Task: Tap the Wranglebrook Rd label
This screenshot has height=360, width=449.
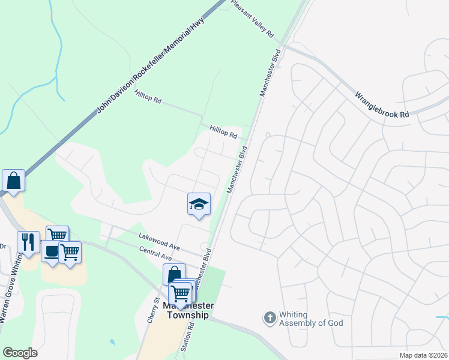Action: pos(382,104)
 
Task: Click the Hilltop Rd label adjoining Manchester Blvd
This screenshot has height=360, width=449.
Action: pos(223,132)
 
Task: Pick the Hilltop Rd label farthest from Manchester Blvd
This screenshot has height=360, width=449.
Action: pos(148,96)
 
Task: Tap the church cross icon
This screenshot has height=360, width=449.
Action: pos(270,316)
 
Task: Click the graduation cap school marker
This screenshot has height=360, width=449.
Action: pos(199,203)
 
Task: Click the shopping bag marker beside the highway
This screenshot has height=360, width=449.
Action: pos(13,179)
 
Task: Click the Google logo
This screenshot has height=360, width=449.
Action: pos(20,353)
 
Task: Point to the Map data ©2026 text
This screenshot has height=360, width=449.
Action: pos(423,355)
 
